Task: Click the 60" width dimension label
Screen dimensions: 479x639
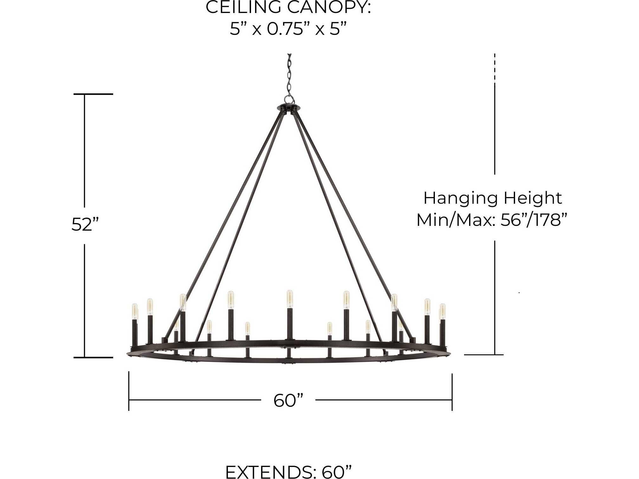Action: (x=288, y=400)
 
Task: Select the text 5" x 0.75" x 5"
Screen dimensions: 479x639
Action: (x=288, y=29)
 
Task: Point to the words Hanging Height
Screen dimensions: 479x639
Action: (x=492, y=199)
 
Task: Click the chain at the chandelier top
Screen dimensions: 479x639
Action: (x=289, y=76)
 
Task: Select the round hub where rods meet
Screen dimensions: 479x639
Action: (x=288, y=108)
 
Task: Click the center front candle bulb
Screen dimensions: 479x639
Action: (x=289, y=299)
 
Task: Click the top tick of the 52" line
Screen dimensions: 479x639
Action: (x=93, y=94)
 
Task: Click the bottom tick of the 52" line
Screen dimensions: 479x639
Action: (x=93, y=357)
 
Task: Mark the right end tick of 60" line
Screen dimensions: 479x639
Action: (x=452, y=392)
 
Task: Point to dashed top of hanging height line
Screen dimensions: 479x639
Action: (x=495, y=68)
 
